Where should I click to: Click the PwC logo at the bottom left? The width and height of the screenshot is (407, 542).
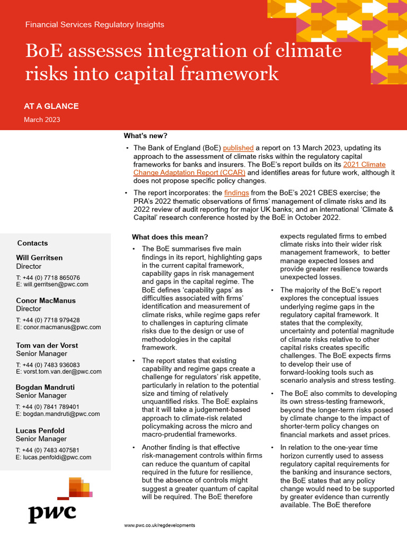point(52,512)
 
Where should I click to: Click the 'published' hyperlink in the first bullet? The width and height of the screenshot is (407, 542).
point(238,148)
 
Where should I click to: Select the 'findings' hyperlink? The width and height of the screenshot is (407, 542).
point(236,193)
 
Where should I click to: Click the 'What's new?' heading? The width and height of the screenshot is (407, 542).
point(145,136)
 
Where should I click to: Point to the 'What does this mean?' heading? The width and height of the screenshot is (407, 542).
point(170,237)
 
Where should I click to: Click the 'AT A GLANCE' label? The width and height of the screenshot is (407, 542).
point(51,106)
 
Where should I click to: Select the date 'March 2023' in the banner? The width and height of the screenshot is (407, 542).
point(42,120)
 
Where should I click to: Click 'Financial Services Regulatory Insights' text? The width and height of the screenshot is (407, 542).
point(95,24)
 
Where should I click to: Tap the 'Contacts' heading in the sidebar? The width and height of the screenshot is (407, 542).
point(32,243)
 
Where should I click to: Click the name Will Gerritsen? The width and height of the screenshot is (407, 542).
point(39,258)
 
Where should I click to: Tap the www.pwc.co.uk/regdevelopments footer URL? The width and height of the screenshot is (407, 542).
point(160,525)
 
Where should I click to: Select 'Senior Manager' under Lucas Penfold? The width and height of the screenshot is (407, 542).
point(41,439)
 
